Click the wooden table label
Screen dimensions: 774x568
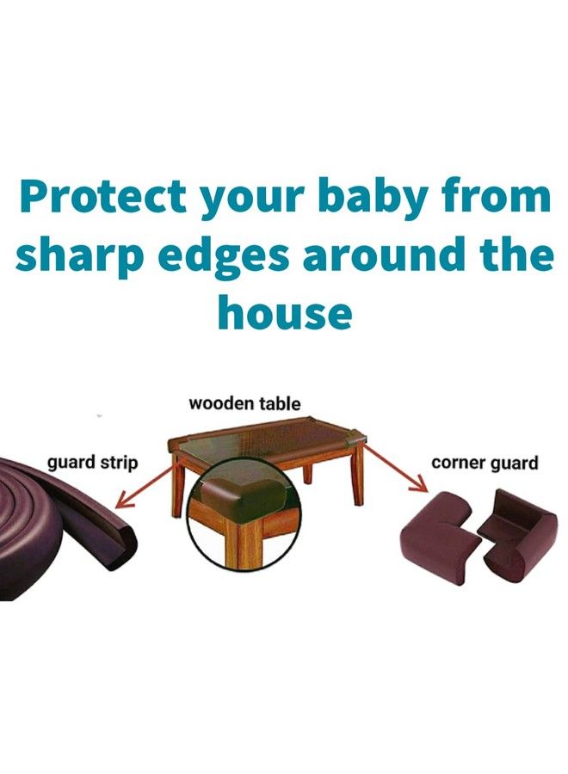[245, 402]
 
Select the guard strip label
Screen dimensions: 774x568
[92, 463]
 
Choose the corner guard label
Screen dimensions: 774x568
[485, 463]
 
